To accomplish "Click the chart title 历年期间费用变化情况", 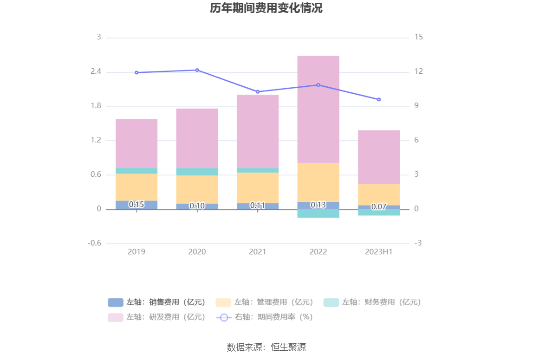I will tap(266, 8).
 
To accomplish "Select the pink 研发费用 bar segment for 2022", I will tap(318, 109).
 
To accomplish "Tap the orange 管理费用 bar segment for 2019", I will tap(136, 187).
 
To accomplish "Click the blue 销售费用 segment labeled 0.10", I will tap(197, 206).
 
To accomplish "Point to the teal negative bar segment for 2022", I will tap(318, 213).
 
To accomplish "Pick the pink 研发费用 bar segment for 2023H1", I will tap(378, 157).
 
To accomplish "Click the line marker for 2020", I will tap(197, 70).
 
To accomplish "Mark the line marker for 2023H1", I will tap(378, 99).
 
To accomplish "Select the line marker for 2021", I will tap(258, 92).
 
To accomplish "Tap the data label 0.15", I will tap(136, 204).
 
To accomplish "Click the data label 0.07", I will tap(378, 206).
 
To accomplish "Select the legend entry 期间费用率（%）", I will tap(265, 317).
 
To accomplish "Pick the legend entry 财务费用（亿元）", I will tap(372, 302).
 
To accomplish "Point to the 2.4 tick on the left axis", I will tap(96, 71).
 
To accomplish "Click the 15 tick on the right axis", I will tap(418, 37).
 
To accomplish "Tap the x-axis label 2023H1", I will tap(378, 251).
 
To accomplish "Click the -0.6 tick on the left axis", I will tap(94, 243).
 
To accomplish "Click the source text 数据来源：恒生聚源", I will tap(266, 347).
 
